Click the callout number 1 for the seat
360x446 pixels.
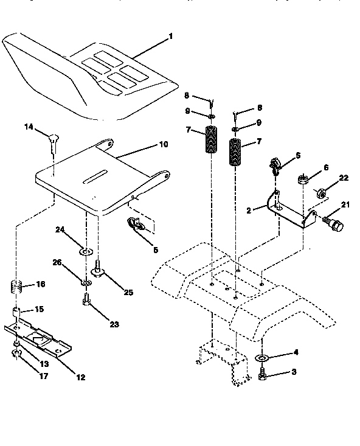coord(171,36)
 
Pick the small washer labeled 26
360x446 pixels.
coord(86,282)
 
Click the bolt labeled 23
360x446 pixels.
coord(86,299)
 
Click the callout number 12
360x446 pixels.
coord(80,377)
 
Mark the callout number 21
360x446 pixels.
coord(345,205)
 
